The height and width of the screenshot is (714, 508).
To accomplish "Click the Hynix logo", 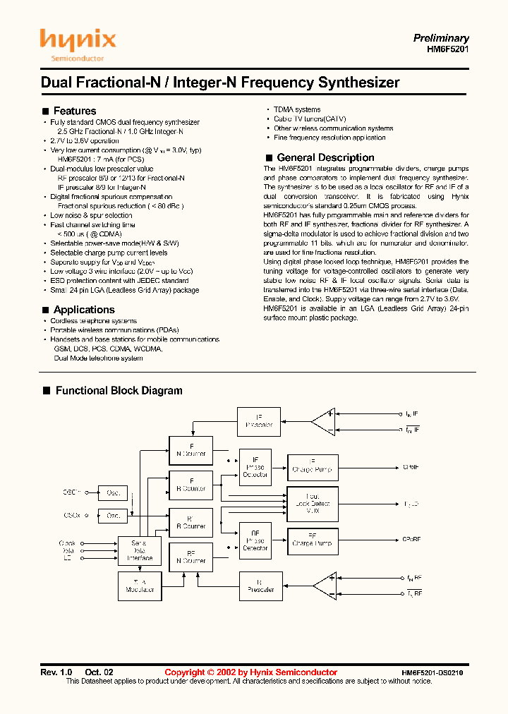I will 77,44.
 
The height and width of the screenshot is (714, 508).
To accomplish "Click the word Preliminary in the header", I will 441,38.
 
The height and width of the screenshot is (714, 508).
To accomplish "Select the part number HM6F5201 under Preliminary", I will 448,50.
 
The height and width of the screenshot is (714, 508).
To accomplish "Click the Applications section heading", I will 84,310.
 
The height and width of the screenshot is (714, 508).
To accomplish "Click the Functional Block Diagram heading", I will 119,390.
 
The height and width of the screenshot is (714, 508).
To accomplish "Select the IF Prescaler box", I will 259,421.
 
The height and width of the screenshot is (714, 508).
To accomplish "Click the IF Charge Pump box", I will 312,466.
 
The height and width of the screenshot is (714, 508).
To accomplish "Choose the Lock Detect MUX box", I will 312,503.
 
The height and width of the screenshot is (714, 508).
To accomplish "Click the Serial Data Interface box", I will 140,550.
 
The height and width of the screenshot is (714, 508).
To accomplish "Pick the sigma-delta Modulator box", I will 140,586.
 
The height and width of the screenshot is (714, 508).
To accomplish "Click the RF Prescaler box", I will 260,586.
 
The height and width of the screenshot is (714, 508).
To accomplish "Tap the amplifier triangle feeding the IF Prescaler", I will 325,422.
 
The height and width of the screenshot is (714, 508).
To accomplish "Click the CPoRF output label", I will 412,540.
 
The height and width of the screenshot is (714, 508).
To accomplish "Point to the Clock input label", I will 67,543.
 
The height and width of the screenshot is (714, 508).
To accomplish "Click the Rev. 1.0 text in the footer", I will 56,672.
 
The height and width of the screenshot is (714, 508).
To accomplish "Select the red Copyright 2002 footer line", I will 250,672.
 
